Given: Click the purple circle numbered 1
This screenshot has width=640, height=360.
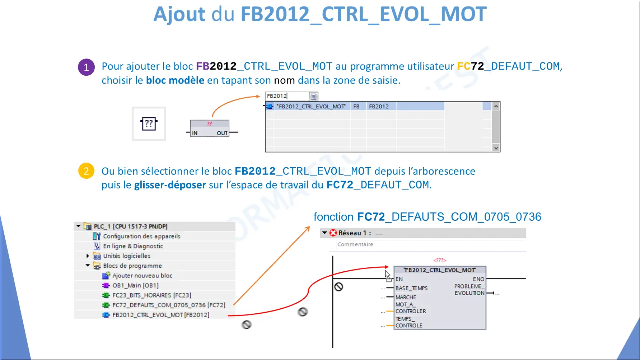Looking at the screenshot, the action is coord(86,67).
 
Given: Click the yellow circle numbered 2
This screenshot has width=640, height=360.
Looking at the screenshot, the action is coord(86,171).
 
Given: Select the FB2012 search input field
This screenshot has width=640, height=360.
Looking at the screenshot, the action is coord(287,96).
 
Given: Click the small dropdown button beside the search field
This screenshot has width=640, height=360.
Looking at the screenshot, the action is coord(313,96).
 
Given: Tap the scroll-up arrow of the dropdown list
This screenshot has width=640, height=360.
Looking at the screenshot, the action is coord(496,106).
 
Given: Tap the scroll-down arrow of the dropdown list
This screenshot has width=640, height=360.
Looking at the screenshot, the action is coord(496,148).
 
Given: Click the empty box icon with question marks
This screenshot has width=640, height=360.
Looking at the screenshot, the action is coord(149,124).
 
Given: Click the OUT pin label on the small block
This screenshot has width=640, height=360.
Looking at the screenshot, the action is coord(222,133).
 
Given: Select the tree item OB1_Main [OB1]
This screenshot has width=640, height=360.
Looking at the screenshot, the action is coord(135,285).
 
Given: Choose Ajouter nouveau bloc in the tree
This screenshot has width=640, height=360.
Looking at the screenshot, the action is coord(142,276).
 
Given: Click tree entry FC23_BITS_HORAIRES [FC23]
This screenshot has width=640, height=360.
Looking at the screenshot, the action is coord(151,295).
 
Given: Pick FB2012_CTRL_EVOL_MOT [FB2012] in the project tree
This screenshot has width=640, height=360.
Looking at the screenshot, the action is coord(160,315).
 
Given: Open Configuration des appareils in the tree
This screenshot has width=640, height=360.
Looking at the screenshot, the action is coord(141,236).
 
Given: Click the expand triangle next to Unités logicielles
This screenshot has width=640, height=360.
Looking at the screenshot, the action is coord(88,256).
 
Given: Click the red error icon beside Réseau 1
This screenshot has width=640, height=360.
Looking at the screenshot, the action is coord(333,233).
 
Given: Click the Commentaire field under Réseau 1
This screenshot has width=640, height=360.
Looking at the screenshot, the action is coord(355,244).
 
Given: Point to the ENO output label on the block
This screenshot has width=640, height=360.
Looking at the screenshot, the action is coord(478,279).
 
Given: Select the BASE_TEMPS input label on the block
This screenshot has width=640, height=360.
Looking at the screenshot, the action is coord(411,288).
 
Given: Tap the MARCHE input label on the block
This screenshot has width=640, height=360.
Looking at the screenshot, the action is coord(406,297).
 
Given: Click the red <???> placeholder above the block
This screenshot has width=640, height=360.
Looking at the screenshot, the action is coord(440,260).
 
